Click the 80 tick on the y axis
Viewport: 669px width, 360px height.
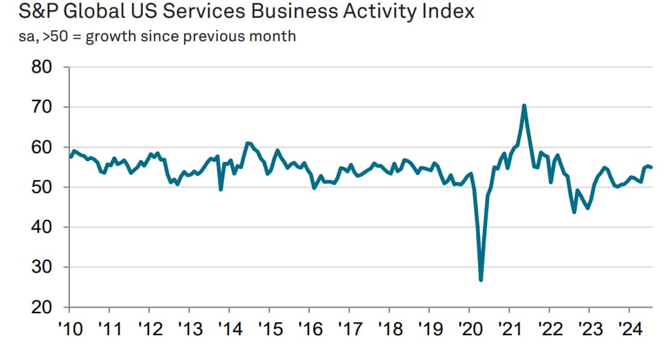[x=43, y=67]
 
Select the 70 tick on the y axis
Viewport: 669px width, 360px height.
[x=43, y=107]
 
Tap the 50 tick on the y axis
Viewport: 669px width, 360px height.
[x=43, y=188]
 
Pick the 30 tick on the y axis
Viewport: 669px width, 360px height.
[x=43, y=267]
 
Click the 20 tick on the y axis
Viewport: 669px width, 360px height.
[x=43, y=307]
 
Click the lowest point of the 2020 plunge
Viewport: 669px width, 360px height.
[x=481, y=280]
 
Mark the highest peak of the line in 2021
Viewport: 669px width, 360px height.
[x=524, y=106]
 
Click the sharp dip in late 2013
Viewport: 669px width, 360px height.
[x=220, y=190]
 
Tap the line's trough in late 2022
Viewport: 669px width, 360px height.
[x=574, y=212]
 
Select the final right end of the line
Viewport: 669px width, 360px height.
[x=651, y=168]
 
